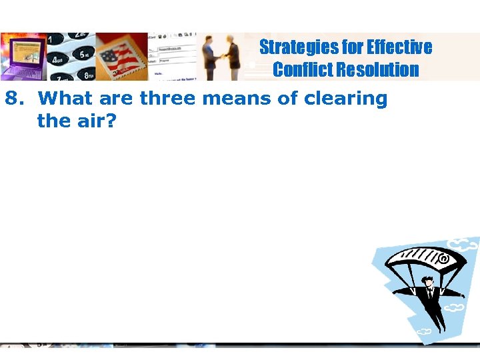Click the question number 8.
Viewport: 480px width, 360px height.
(13, 99)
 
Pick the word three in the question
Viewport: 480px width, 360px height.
(169, 99)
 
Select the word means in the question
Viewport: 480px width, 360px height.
(236, 99)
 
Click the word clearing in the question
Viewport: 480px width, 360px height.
(345, 99)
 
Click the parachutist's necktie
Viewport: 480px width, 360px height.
(431, 294)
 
